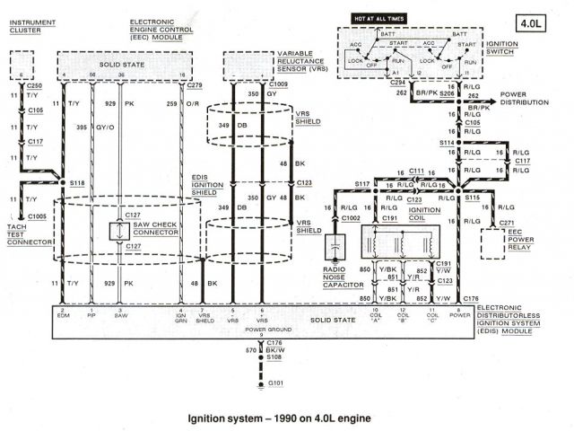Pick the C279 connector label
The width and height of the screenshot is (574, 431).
[x=199, y=84]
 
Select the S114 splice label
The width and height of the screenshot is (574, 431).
[x=445, y=144]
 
